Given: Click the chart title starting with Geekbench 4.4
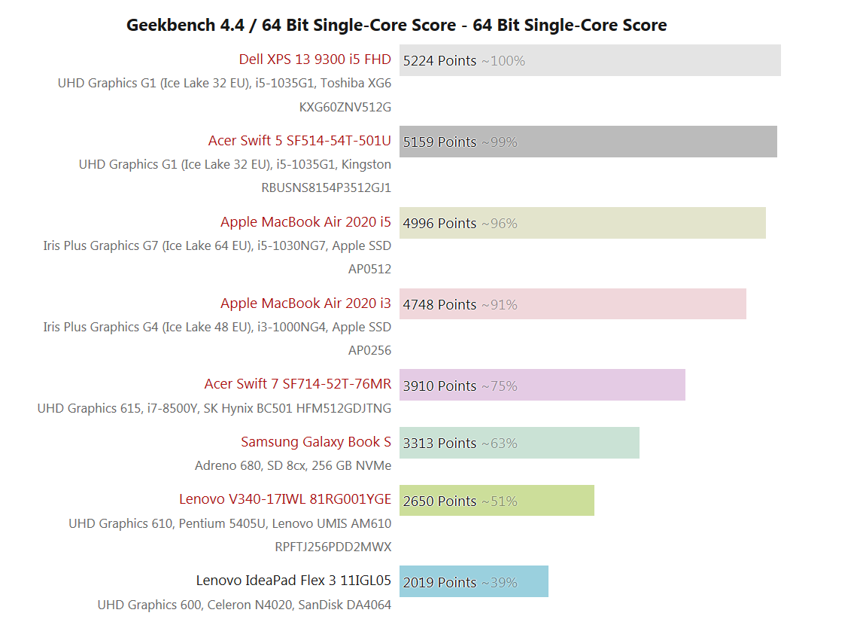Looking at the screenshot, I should (397, 26).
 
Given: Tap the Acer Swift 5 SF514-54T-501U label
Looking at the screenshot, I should (299, 141).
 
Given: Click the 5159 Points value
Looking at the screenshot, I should (439, 142).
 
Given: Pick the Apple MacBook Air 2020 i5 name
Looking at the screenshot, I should (305, 222).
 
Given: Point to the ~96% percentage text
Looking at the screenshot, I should (500, 224).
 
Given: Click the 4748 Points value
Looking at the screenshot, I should (439, 304).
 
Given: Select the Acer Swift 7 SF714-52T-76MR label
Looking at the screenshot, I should (297, 384).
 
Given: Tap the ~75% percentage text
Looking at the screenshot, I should (500, 386).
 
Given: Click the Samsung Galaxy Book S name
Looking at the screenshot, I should (316, 442).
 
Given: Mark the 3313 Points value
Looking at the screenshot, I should (439, 443).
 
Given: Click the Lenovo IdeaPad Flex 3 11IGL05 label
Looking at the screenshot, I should (293, 581).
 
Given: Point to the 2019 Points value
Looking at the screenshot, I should (439, 582).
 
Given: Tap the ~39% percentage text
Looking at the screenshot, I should (500, 583).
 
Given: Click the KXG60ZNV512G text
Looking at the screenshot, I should (345, 107).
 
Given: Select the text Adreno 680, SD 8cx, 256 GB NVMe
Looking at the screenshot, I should (293, 465).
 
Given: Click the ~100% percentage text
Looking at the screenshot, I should (503, 61).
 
